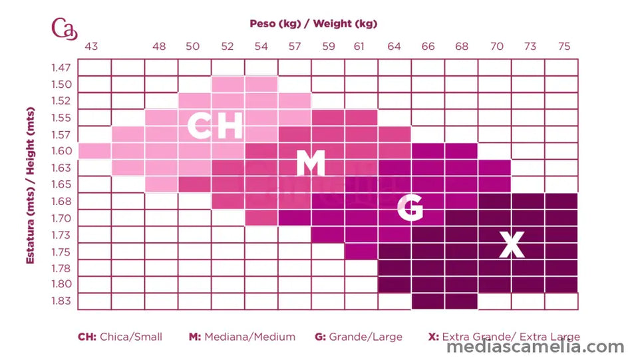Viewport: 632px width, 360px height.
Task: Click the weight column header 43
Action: (92, 47)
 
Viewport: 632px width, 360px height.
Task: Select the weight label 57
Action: (295, 47)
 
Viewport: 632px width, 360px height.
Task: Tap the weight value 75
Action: (564, 47)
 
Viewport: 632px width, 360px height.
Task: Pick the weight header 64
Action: (395, 47)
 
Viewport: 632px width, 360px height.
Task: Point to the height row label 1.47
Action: (61, 68)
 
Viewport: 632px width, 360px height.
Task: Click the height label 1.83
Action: (61, 301)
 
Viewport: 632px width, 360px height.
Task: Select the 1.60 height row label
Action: (61, 151)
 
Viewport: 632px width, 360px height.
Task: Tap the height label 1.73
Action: (61, 234)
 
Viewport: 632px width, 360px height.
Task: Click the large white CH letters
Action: (214, 126)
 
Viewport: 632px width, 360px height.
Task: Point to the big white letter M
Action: (311, 162)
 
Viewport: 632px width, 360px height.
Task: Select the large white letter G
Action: (410, 208)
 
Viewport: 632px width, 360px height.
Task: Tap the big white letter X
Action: (512, 246)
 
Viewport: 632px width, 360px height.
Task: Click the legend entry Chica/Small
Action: (120, 337)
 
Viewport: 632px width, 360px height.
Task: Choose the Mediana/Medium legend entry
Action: (242, 337)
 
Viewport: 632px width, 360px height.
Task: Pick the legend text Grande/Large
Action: (359, 337)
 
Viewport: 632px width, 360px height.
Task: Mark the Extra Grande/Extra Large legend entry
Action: (504, 337)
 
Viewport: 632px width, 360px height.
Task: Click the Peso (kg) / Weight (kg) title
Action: (313, 24)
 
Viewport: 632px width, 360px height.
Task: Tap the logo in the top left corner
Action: (65, 29)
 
